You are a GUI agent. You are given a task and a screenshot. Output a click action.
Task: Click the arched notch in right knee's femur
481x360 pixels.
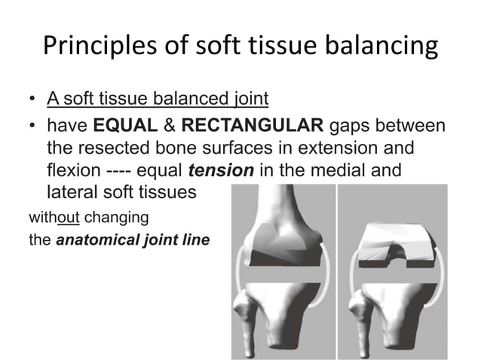(x=391, y=240)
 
